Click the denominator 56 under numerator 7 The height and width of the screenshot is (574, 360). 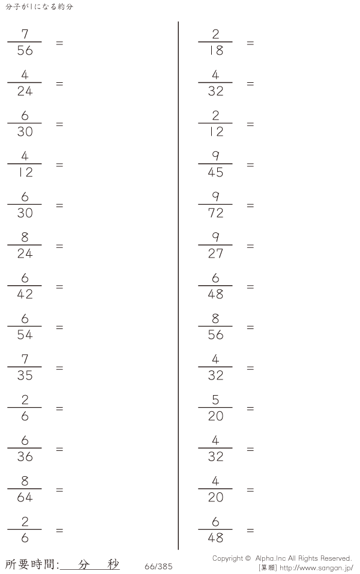[x=25, y=50]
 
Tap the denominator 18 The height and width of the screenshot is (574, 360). [x=216, y=50]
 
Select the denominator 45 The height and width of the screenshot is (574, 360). [x=215, y=172]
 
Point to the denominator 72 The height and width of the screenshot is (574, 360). [x=215, y=213]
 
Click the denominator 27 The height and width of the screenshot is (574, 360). [x=215, y=254]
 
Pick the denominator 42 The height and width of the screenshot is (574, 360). [x=25, y=294]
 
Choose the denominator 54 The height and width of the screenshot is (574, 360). [x=25, y=335]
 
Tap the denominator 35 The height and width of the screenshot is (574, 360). [x=25, y=376]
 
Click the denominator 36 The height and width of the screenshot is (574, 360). [x=25, y=457]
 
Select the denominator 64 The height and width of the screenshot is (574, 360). [x=25, y=498]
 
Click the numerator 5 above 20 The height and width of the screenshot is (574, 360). [x=215, y=400]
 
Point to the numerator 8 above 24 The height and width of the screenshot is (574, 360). [x=25, y=237]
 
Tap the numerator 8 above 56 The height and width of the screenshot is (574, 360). [x=215, y=318]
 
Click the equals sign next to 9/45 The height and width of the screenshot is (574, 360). [x=250, y=165]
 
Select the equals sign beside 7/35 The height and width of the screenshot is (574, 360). [x=59, y=368]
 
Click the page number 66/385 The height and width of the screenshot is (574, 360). [x=158, y=567]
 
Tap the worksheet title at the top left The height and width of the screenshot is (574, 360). [x=39, y=7]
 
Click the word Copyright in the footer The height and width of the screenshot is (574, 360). [x=227, y=558]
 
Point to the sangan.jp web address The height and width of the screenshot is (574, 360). [x=316, y=568]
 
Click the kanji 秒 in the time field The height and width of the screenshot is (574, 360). [x=113, y=564]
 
